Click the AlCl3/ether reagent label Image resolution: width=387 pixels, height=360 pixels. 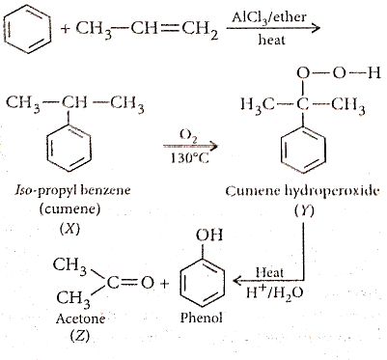[x=269, y=16]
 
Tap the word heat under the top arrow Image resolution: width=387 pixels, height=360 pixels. [x=271, y=40]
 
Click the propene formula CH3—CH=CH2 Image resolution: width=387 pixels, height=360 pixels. [x=147, y=30]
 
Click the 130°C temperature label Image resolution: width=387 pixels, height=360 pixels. [x=189, y=158]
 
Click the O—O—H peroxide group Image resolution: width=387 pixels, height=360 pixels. [x=339, y=73]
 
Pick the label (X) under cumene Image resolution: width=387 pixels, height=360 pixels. [x=69, y=230]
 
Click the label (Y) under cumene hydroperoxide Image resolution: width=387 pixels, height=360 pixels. [x=304, y=211]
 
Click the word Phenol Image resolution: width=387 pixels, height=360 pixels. [x=201, y=318]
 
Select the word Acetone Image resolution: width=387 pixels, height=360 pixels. [x=80, y=318]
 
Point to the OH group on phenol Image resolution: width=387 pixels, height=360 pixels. [x=209, y=235]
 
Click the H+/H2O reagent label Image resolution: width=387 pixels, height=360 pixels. [x=274, y=293]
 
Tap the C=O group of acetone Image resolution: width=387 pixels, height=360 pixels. [x=130, y=283]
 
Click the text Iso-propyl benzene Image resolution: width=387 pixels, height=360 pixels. [x=72, y=190]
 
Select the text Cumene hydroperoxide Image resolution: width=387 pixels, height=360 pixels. [x=302, y=191]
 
